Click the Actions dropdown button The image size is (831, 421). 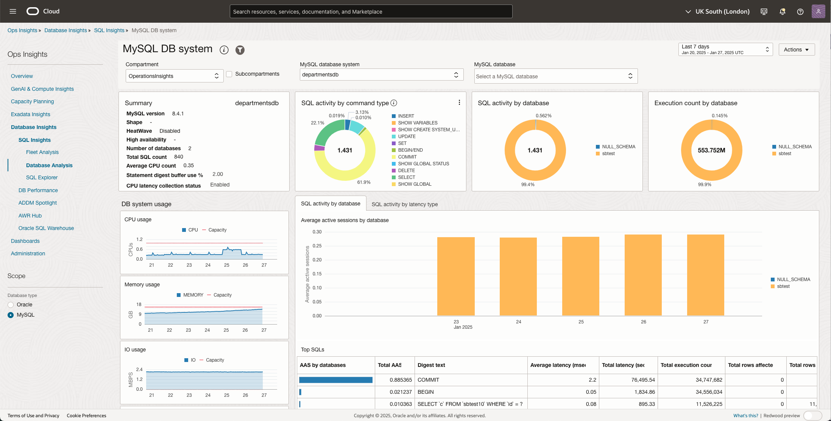796,50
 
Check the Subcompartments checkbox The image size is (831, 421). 229,74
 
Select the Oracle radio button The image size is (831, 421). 11,305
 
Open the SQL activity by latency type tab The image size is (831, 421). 404,204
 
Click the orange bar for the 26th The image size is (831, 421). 643,275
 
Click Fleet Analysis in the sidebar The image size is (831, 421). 42,152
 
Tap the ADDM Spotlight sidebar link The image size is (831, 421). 37,203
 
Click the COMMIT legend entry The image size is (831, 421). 407,157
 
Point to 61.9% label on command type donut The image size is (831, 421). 363,182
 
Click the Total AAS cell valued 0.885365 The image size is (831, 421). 400,380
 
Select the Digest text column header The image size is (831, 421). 431,365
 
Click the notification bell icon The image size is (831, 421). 782,12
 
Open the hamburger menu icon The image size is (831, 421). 13,11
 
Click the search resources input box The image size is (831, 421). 371,12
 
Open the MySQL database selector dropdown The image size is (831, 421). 555,76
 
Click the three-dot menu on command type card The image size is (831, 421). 459,103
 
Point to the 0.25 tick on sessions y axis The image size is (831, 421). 317,246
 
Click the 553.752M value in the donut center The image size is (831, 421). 711,150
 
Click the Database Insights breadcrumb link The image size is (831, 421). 65,30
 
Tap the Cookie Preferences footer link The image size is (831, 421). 86,415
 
